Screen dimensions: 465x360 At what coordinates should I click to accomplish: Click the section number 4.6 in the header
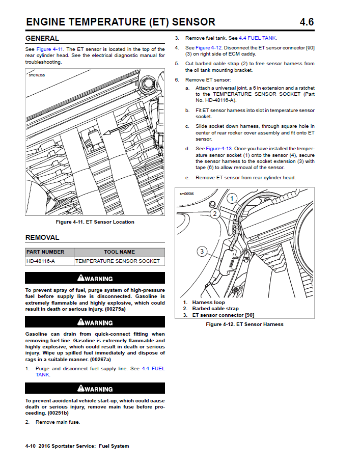click(307, 22)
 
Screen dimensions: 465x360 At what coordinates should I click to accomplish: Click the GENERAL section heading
click(42, 38)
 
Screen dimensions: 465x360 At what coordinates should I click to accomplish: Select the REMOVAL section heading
click(42, 237)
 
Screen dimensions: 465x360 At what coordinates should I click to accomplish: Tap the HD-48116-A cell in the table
click(41, 261)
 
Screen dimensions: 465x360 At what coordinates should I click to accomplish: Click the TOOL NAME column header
click(119, 252)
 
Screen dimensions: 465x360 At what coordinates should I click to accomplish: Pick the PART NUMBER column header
click(45, 252)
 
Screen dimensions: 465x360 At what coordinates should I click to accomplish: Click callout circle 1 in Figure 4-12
click(232, 198)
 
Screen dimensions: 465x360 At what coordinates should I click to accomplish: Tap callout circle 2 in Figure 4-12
click(215, 213)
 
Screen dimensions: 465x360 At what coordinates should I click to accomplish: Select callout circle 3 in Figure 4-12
click(202, 251)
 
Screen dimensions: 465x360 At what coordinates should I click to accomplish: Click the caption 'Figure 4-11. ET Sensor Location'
click(95, 222)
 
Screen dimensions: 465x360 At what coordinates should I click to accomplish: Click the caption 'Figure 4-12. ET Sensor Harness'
click(244, 324)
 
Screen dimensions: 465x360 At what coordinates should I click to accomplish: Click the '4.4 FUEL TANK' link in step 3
click(262, 38)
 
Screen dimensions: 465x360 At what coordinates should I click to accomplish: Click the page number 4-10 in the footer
click(30, 446)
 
